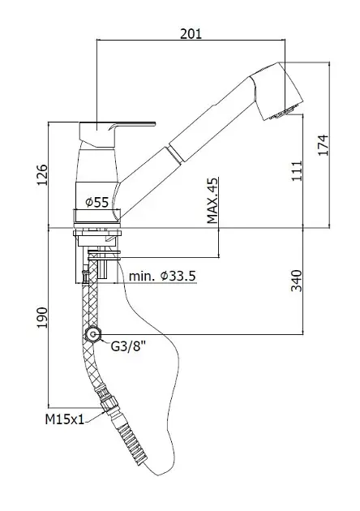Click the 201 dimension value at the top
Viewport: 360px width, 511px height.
pos(191,33)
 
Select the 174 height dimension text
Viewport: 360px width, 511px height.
pos(324,145)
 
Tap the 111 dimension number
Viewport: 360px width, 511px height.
pos(297,171)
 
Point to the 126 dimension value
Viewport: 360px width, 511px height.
pos(42,175)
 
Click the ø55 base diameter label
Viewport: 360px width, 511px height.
pos(96,203)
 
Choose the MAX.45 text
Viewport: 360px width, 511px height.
pos(212,200)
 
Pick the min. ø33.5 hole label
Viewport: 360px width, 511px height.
pos(163,277)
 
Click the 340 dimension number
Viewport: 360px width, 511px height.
pos(297,281)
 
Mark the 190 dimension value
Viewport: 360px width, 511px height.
pos(42,318)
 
